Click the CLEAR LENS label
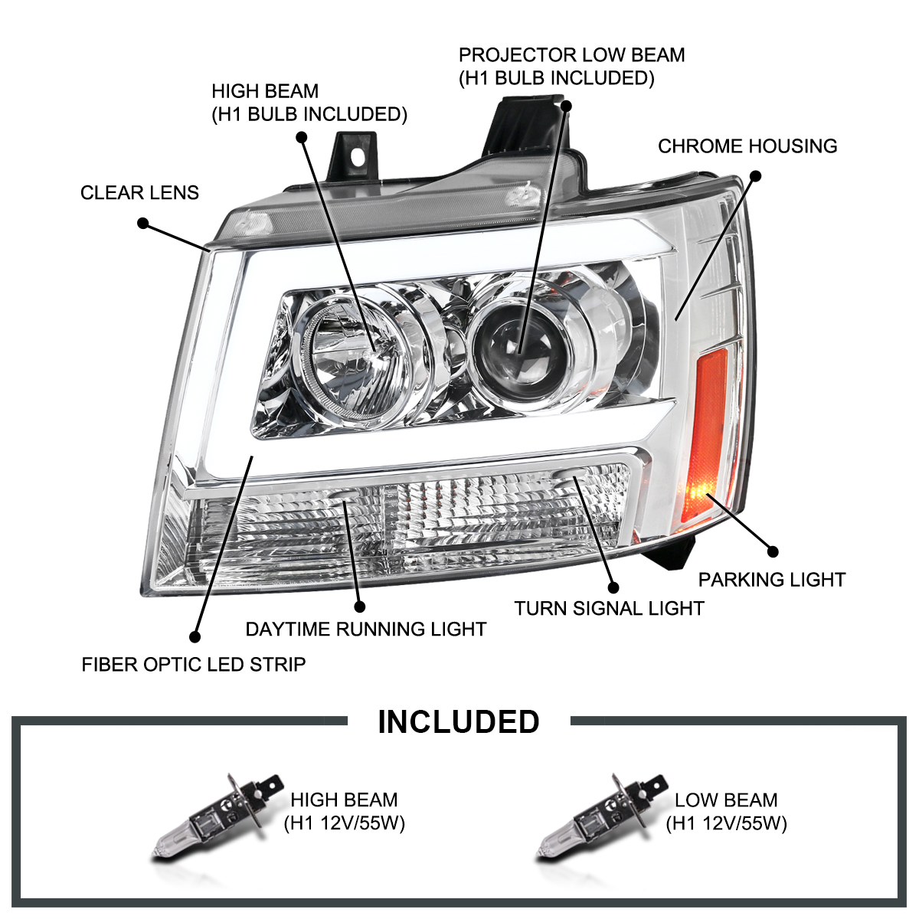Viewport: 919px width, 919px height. click(139, 192)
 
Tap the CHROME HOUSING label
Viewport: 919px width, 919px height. click(747, 146)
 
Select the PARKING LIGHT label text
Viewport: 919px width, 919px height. click(771, 580)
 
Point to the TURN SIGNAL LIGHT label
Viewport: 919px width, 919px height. click(609, 609)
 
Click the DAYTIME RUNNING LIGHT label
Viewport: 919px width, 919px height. click(365, 630)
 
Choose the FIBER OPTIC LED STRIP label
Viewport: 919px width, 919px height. click(194, 664)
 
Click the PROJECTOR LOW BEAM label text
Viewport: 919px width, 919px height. click(571, 67)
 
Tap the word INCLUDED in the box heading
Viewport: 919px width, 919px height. click(459, 722)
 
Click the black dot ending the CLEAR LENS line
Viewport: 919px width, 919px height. click(142, 224)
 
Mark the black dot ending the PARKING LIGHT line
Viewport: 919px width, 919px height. click(772, 551)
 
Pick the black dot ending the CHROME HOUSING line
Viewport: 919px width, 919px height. click(754, 176)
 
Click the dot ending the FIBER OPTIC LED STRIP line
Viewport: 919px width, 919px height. click(195, 636)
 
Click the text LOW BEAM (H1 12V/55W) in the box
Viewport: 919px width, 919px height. click(726, 812)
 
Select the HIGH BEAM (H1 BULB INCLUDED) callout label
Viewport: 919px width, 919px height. click(309, 103)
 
